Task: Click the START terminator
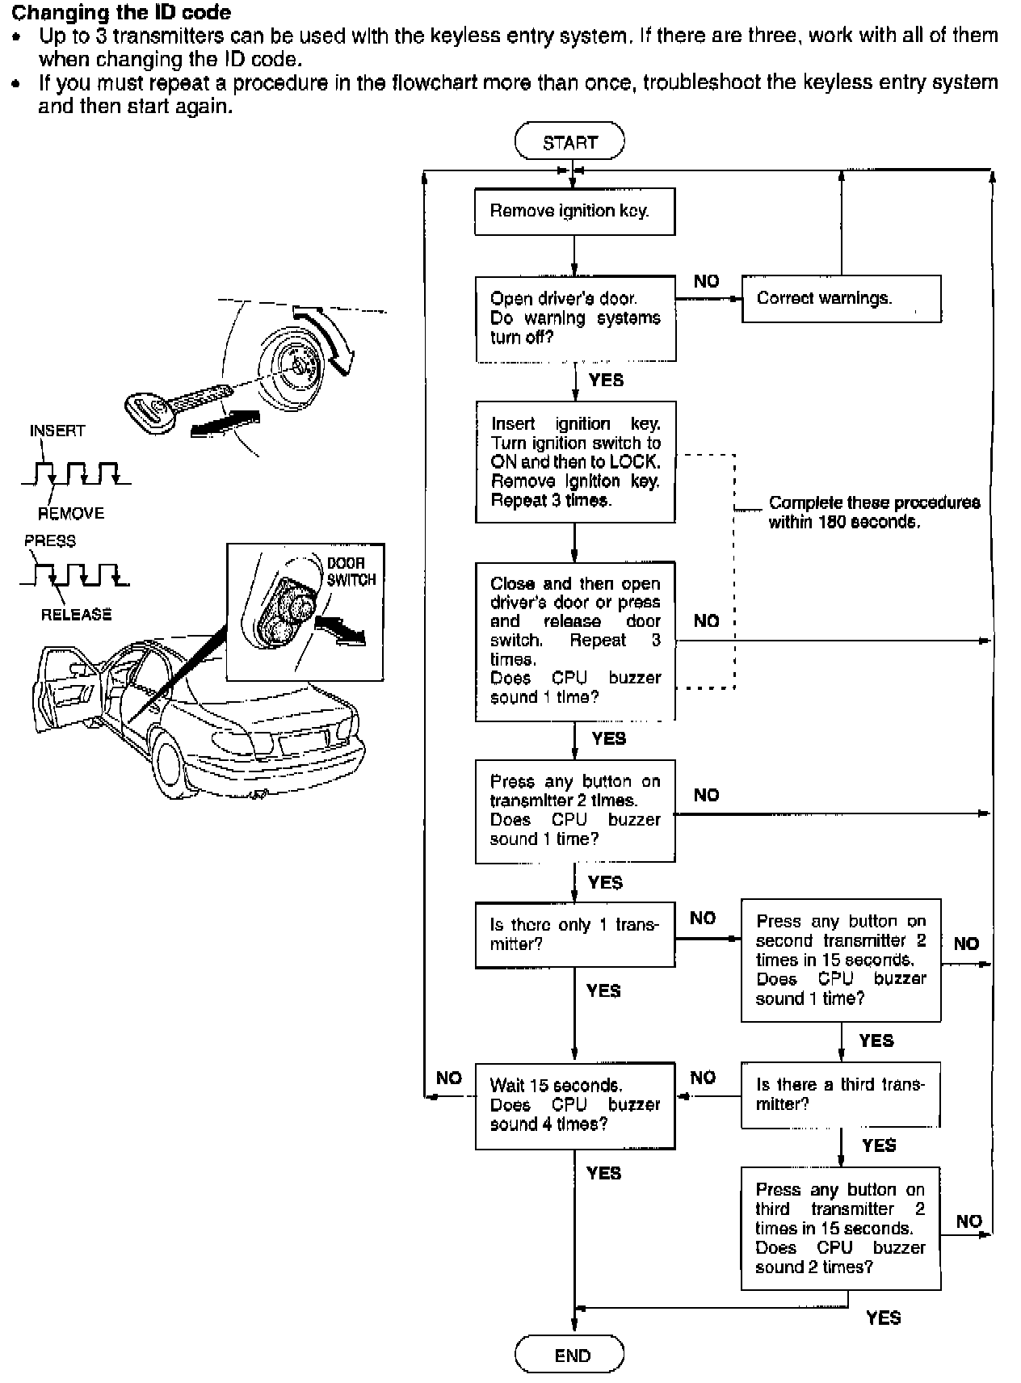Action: [x=569, y=141]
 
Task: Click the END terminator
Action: [x=569, y=1355]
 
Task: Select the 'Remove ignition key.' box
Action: [x=574, y=212]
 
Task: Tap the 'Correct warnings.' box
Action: [x=841, y=298]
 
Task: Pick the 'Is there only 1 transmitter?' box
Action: [x=574, y=935]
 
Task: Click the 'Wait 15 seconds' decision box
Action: [x=574, y=1105]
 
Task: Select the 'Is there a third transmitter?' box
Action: [x=841, y=1095]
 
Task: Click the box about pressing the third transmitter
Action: [x=841, y=1228]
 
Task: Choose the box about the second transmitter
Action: [x=841, y=960]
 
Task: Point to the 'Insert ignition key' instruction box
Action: [x=574, y=461]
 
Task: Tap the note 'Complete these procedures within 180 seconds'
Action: [x=874, y=512]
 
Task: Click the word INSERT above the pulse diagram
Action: [x=57, y=431]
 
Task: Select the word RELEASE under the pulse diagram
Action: [x=76, y=615]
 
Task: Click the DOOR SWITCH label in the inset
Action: [x=351, y=571]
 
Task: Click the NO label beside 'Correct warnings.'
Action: [x=706, y=281]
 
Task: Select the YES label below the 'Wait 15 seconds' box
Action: [x=603, y=1173]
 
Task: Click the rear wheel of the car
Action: [x=171, y=763]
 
